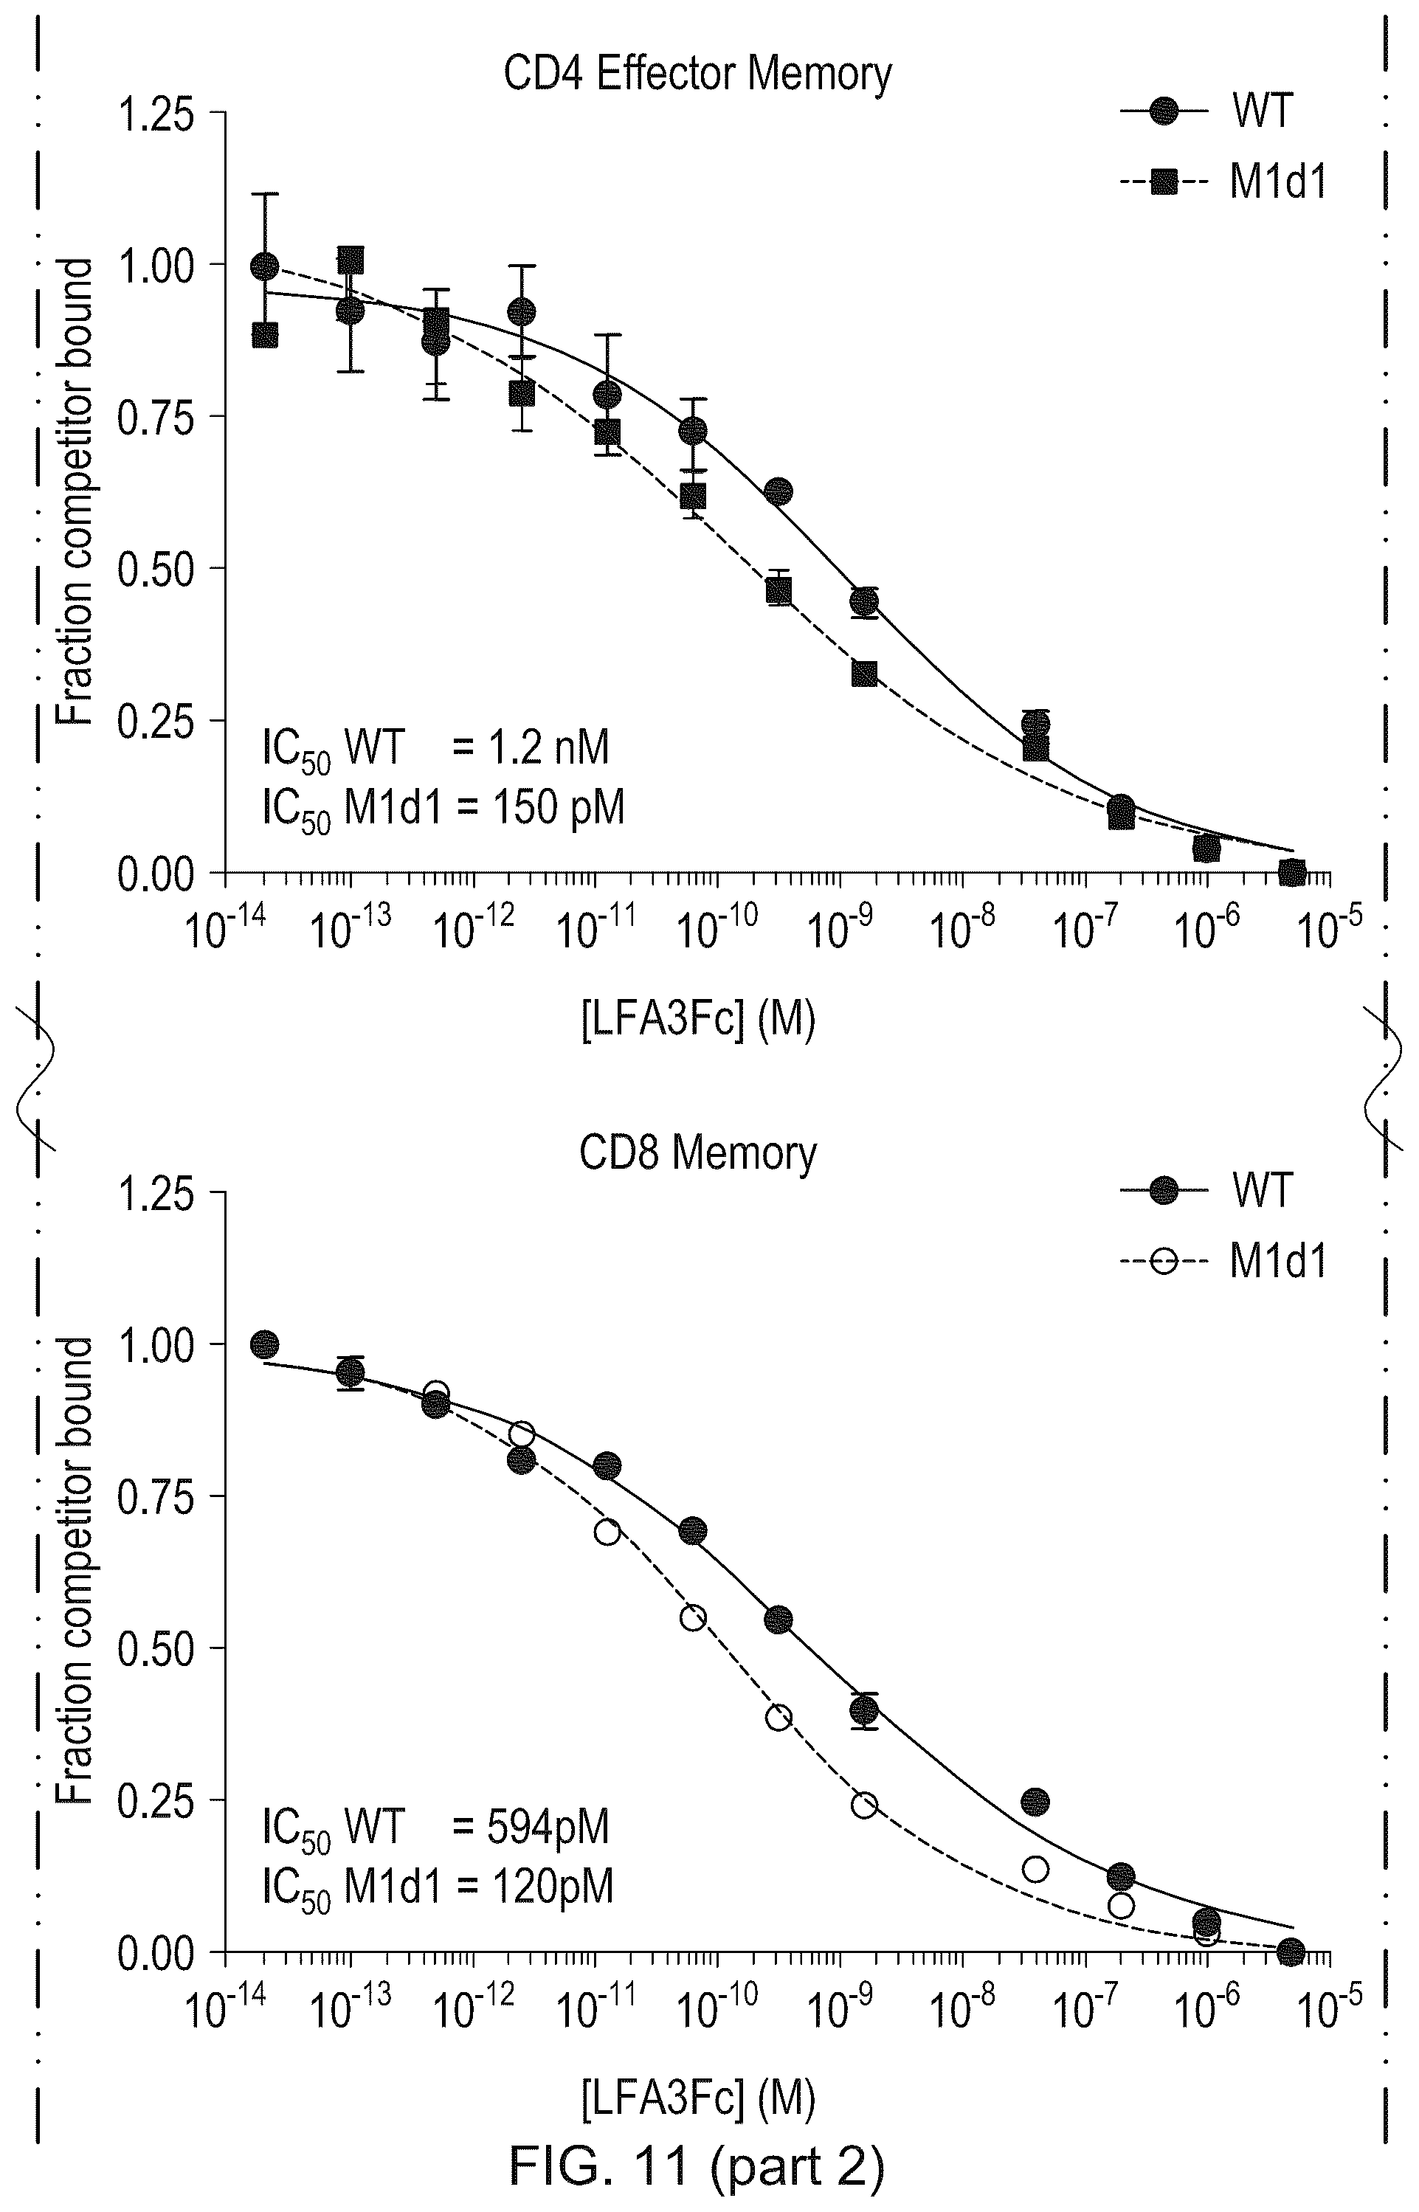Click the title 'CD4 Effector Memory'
[697, 74]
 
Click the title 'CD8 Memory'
[697, 1152]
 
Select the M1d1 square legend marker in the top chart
[1164, 183]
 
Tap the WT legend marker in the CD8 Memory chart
[1164, 1190]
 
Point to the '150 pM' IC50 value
[559, 808]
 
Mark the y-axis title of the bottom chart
[75, 1570]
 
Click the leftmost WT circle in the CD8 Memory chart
[264, 1344]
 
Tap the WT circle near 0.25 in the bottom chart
[1036, 1801]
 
